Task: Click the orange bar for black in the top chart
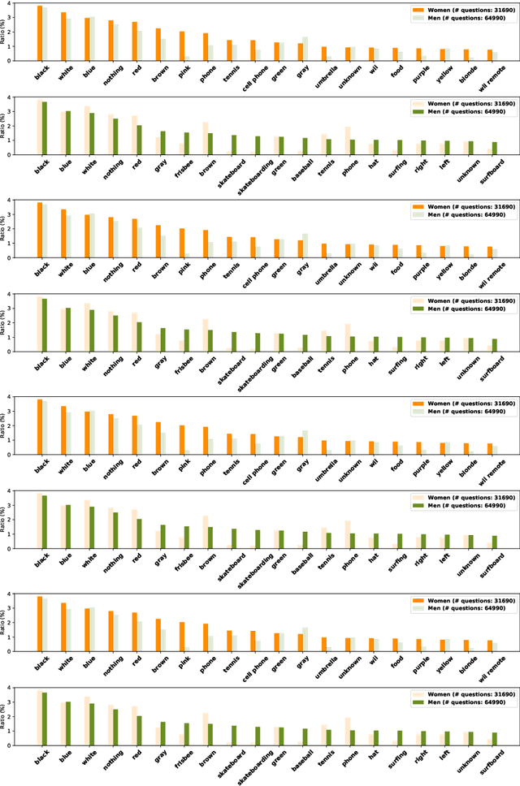click(39, 33)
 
